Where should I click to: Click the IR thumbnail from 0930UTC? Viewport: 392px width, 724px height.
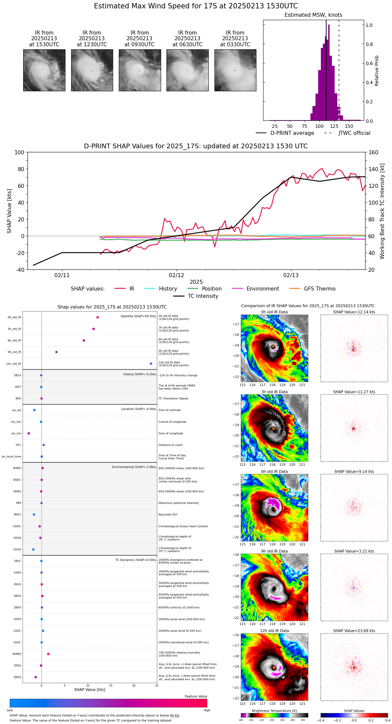pyautogui.click(x=140, y=70)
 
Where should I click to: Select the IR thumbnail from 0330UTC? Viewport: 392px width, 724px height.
pyautogui.click(x=235, y=70)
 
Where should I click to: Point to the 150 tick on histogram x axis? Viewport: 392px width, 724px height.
pyautogui.click(x=349, y=126)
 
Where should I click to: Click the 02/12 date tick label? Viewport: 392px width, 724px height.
pyautogui.click(x=177, y=275)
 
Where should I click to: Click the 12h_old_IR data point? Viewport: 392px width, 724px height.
pyautogui.click(x=151, y=364)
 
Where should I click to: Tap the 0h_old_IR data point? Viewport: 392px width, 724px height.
pyautogui.click(x=98, y=317)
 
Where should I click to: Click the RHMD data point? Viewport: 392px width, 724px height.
pyautogui.click(x=48, y=654)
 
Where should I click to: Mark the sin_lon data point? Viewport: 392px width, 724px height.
pyautogui.click(x=29, y=433)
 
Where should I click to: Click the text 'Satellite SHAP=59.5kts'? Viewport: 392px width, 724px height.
pyautogui.click(x=138, y=316)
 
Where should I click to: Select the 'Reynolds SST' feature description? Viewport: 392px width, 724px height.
pyautogui.click(x=168, y=515)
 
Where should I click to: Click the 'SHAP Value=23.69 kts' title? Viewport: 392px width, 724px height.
pyautogui.click(x=354, y=631)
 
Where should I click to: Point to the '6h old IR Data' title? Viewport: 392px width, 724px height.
pyautogui.click(x=274, y=471)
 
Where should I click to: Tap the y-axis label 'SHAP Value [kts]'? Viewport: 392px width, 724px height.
pyautogui.click(x=9, y=211)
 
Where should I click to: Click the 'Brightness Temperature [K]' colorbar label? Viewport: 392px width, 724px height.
pyautogui.click(x=274, y=711)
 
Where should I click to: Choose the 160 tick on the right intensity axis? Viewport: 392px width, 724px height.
pyautogui.click(x=374, y=153)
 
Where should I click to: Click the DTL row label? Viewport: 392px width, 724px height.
pyautogui.click(x=18, y=445)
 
